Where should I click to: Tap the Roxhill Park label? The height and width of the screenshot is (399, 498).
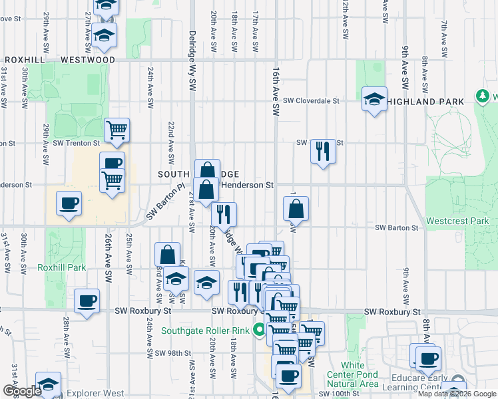pyautogui.click(x=62, y=267)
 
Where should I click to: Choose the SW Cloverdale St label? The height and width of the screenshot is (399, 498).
pyautogui.click(x=311, y=101)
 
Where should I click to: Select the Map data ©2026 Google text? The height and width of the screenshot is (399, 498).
pyautogui.click(x=457, y=394)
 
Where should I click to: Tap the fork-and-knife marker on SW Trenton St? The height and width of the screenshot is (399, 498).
pyautogui.click(x=323, y=152)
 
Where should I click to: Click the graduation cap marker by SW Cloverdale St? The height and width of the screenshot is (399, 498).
pyautogui.click(x=374, y=100)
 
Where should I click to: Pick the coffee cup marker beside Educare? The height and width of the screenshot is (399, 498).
pyautogui.click(x=428, y=359)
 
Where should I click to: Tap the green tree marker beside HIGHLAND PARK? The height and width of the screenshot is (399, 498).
pyautogui.click(x=483, y=97)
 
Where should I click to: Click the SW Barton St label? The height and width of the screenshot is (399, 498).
pyautogui.click(x=396, y=227)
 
